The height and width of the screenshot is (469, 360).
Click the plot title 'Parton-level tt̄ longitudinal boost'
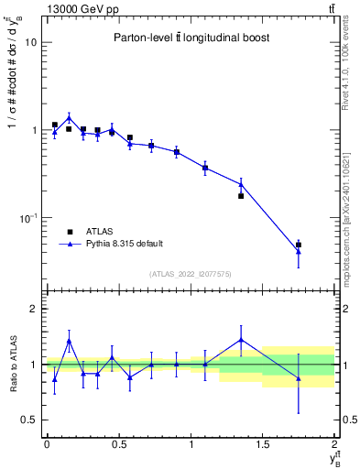(x=187, y=38)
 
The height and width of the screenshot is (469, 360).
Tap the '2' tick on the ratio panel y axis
(x=34, y=309)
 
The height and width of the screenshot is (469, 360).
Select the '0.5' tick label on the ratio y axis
(x=28, y=420)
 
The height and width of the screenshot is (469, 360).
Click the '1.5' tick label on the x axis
(x=263, y=444)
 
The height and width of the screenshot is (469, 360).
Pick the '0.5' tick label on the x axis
(x=118, y=444)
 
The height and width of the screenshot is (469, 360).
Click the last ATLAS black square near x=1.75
(x=299, y=245)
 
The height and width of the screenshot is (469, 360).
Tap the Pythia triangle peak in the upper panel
(x=69, y=117)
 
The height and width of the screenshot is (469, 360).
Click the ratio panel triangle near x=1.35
(x=241, y=340)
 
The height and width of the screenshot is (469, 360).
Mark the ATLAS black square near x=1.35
(x=241, y=196)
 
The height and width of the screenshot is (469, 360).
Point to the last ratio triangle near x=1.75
(x=299, y=378)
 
